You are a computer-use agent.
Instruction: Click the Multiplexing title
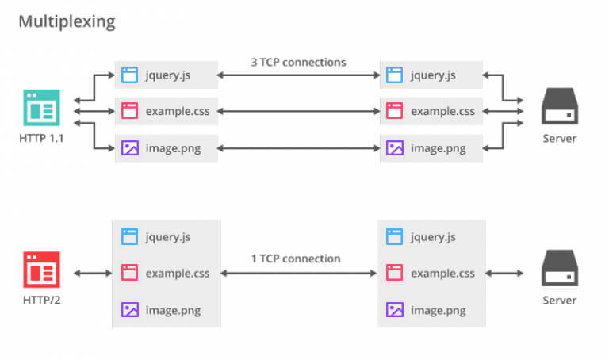pyautogui.click(x=67, y=21)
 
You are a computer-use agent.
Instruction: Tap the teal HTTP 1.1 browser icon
pyautogui.click(x=41, y=109)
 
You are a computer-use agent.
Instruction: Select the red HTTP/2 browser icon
pyautogui.click(x=41, y=270)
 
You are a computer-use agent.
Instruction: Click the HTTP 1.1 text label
pyautogui.click(x=41, y=138)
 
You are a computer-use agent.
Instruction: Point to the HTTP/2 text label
pyautogui.click(x=41, y=301)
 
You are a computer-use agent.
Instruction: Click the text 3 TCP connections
pyautogui.click(x=299, y=62)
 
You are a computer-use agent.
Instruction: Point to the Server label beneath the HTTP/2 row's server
pyautogui.click(x=560, y=301)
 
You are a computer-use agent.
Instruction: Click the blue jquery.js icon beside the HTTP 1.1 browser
pyautogui.click(x=130, y=75)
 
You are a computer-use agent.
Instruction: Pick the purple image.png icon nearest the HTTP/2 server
pyautogui.click(x=394, y=309)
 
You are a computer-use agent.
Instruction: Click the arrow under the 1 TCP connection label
pyautogui.click(x=299, y=273)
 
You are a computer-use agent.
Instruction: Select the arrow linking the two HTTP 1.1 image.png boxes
pyautogui.click(x=299, y=147)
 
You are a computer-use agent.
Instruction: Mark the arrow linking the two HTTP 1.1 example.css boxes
pyautogui.click(x=299, y=111)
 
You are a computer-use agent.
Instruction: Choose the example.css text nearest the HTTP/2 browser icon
pyautogui.click(x=178, y=274)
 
